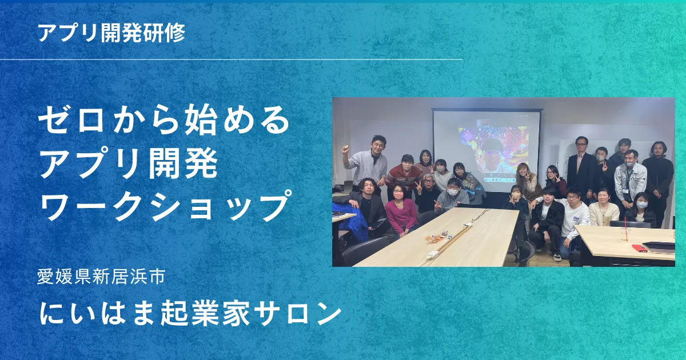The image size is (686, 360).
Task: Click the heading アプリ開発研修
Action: tap(112, 33)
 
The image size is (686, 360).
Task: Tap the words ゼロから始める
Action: tap(164, 119)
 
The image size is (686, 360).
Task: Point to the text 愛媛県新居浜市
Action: tap(101, 277)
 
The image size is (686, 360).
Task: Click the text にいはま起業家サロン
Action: tap(190, 314)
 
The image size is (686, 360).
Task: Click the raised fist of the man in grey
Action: tap(346, 149)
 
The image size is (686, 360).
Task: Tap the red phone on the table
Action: tap(640, 247)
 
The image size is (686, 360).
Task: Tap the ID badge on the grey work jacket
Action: tap(625, 190)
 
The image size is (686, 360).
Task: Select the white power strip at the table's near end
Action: tap(434, 254)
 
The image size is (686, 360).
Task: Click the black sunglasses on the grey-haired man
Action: tap(429, 181)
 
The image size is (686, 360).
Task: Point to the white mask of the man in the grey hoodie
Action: tap(452, 193)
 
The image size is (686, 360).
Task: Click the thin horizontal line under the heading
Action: tap(231, 59)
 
